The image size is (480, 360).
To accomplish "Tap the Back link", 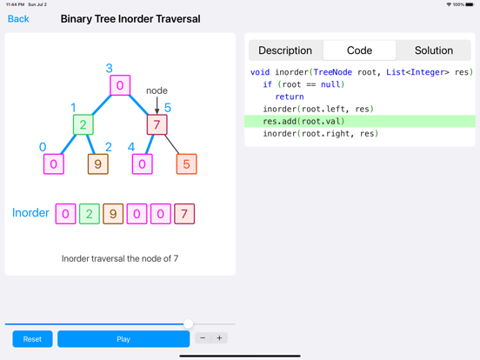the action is [18, 19].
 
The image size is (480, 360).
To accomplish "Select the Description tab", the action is [285, 50].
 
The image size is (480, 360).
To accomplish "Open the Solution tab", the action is [434, 50].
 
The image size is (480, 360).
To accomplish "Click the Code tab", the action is [360, 50].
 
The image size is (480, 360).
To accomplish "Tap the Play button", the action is [123, 339].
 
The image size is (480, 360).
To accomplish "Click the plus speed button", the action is [219, 338].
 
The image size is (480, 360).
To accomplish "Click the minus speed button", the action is [203, 338].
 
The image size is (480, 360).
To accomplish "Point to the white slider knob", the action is [189, 323].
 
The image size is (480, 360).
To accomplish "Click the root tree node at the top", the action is [120, 85].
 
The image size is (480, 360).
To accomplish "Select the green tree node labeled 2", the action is [83, 124].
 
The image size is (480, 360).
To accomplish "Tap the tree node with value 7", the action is [157, 124].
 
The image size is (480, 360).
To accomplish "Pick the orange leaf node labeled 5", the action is [186, 164].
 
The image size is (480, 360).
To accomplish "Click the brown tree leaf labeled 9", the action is [98, 164].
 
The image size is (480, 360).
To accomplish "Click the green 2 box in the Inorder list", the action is [90, 214].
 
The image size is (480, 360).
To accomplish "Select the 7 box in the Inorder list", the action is [184, 214].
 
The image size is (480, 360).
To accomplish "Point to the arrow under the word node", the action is [157, 105].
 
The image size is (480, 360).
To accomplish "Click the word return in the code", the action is [290, 97].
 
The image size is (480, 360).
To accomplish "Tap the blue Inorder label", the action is [30, 213].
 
